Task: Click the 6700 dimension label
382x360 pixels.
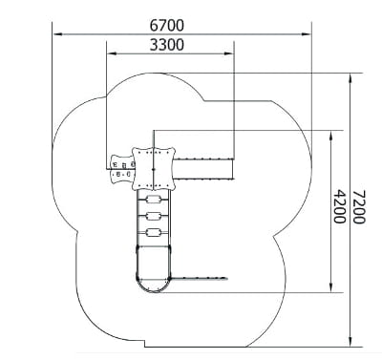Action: pos(167,26)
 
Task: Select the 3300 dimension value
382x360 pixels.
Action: pos(167,45)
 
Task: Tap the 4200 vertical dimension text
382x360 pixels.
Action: pos(339,206)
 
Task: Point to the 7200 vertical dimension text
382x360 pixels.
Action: pos(359,206)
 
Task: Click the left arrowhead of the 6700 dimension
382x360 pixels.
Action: pos(57,33)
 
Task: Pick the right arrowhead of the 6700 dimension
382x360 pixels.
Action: pos(307,33)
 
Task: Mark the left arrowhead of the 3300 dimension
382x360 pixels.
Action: pos(112,53)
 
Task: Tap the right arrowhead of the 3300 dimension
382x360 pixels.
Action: pos(229,53)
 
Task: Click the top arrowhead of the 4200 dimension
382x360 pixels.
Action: pos(331,136)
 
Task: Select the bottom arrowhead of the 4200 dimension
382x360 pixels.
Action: pos(331,287)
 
